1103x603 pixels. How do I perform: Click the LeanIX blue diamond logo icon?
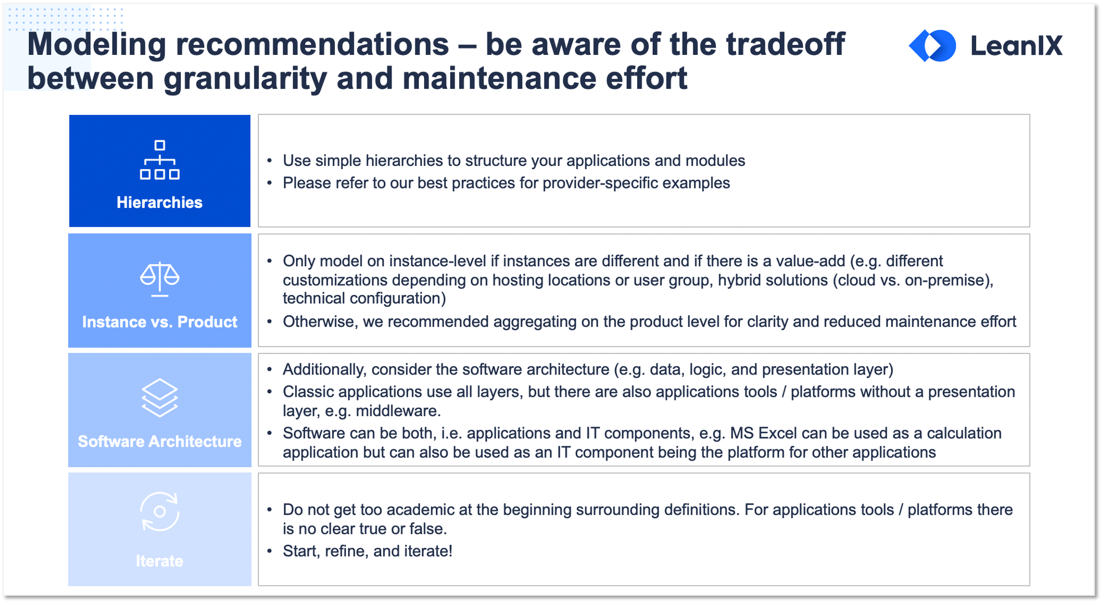932,45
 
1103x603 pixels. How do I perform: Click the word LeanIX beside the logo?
1016,45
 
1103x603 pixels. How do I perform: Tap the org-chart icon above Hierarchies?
160,160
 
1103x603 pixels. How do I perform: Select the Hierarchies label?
160,202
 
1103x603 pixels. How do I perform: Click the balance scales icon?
160,279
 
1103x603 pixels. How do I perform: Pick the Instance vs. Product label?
160,322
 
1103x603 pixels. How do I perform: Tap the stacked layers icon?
160,398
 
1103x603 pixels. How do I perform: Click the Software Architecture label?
160,442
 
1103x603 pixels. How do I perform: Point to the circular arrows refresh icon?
160,511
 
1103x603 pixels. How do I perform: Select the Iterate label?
160,561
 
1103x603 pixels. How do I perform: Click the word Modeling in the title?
97,45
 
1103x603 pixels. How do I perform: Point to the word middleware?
398,411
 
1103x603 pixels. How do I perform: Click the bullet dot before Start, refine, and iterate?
270,551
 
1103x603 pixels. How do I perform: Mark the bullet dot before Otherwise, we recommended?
270,322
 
